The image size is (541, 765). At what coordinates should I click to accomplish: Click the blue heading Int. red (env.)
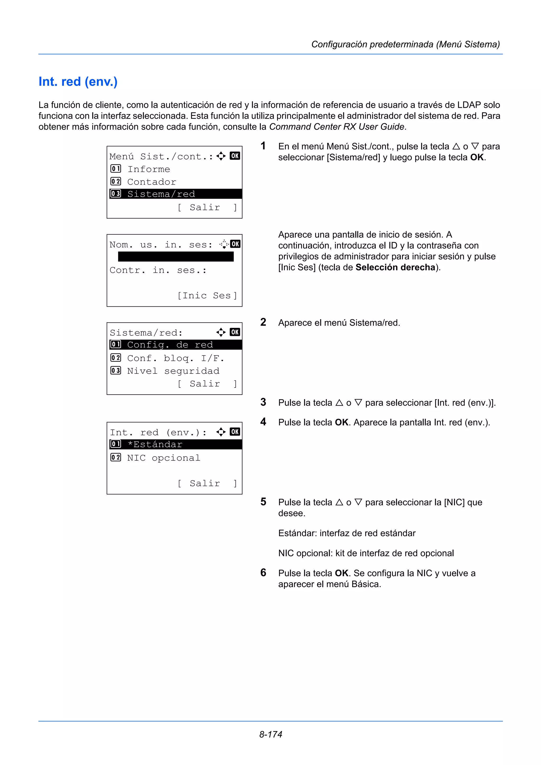coord(78,82)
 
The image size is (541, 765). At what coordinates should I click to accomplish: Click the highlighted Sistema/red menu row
coord(175,194)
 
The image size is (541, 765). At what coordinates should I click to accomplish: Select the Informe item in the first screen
coord(148,169)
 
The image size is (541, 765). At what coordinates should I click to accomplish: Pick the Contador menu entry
coord(151,182)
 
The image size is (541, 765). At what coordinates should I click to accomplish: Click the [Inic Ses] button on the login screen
coord(207,296)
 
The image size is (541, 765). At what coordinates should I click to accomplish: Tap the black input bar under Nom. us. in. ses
coord(176,257)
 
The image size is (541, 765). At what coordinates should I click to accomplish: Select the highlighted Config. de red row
coord(175,344)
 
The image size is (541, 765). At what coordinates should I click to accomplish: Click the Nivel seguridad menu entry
coord(173,371)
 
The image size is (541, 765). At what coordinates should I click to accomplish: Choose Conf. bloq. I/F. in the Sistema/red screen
coord(175,358)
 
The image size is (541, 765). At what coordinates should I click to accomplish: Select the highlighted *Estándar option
coord(175,445)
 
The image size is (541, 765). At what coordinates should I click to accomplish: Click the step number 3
coord(263,402)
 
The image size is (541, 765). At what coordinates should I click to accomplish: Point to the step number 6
coord(263,572)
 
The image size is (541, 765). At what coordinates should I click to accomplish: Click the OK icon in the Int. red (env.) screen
coord(235,432)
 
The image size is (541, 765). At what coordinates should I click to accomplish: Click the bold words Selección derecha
coord(395,267)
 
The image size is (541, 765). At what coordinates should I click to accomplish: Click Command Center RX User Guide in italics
coord(337,127)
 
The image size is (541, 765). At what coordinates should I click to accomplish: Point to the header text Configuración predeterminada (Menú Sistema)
coord(405,44)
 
